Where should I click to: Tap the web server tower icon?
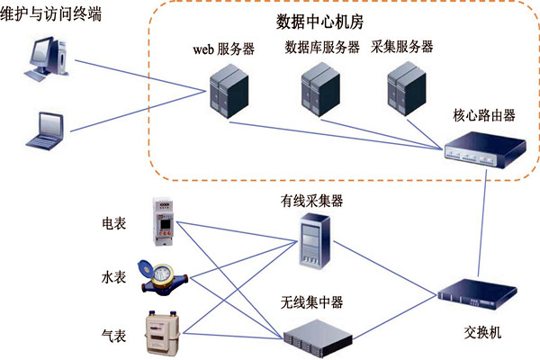224,91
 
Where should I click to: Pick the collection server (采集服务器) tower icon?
402,91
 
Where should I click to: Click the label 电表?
114,222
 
